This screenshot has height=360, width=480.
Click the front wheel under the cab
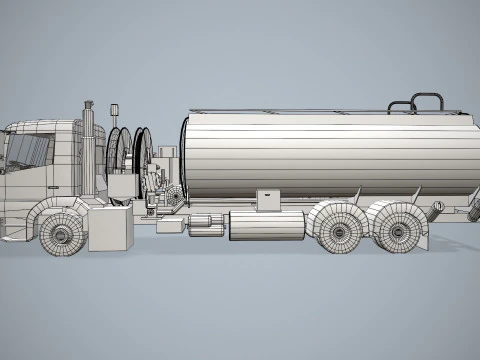(x=62, y=234)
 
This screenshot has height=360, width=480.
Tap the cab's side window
(x=29, y=151)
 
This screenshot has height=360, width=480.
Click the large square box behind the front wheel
(x=110, y=229)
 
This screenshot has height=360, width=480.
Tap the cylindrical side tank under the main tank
(x=266, y=225)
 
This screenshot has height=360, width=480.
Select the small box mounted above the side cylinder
(x=268, y=199)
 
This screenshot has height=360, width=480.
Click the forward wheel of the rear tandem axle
(x=341, y=228)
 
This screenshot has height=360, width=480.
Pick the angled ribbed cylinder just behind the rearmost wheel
(x=437, y=211)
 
